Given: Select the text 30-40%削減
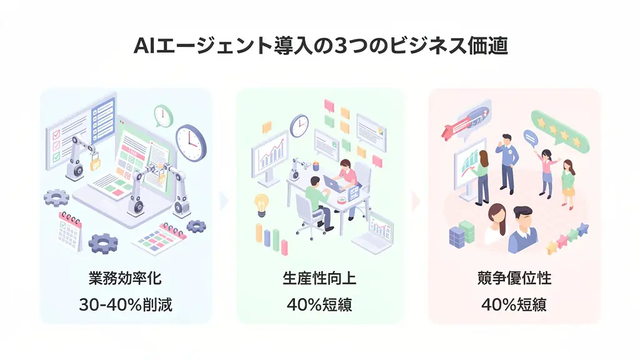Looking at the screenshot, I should pyautogui.click(x=126, y=305).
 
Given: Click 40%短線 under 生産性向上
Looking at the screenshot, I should pyautogui.click(x=319, y=305).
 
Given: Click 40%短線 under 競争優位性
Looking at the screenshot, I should pyautogui.click(x=514, y=305).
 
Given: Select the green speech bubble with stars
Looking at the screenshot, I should pyautogui.click(x=559, y=131).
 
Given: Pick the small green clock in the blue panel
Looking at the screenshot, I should pyautogui.click(x=163, y=116).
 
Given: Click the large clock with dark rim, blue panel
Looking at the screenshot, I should pyautogui.click(x=191, y=142).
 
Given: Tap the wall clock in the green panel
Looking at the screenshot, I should pyautogui.click(x=299, y=126).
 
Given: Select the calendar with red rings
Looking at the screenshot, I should pyautogui.click(x=69, y=231).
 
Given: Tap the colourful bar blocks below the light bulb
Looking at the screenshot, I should pyautogui.click(x=271, y=240).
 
